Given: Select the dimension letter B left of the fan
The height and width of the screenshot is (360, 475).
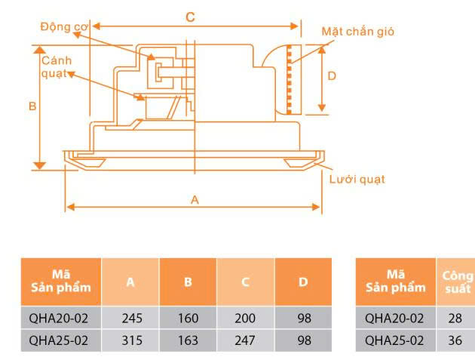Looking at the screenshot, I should click(x=32, y=107).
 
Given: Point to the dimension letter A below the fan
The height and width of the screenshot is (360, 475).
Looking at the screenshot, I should click(x=195, y=200).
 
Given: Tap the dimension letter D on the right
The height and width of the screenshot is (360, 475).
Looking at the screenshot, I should click(x=332, y=75).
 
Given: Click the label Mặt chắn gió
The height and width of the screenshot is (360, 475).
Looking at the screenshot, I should click(x=357, y=32).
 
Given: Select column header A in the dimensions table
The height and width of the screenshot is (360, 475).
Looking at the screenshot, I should click(x=130, y=282).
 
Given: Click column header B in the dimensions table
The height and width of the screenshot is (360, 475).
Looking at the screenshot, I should click(x=188, y=282).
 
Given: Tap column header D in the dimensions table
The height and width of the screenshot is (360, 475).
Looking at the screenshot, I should click(x=303, y=282).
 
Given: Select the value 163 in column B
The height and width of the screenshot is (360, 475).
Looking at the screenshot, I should click(x=188, y=340).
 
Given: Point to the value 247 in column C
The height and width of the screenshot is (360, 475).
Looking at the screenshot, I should click(x=245, y=340).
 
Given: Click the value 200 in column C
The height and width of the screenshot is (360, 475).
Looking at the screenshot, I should click(x=245, y=318).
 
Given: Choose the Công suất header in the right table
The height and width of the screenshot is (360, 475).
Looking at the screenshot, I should click(x=456, y=282).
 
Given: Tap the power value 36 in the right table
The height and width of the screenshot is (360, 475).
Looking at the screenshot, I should click(x=455, y=340).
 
